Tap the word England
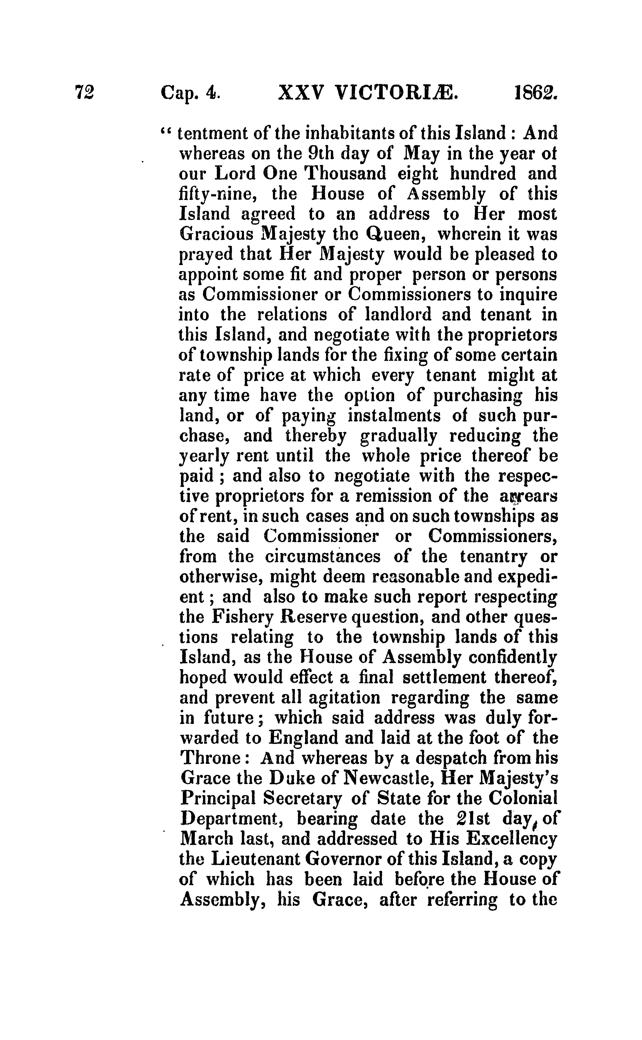304,738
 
